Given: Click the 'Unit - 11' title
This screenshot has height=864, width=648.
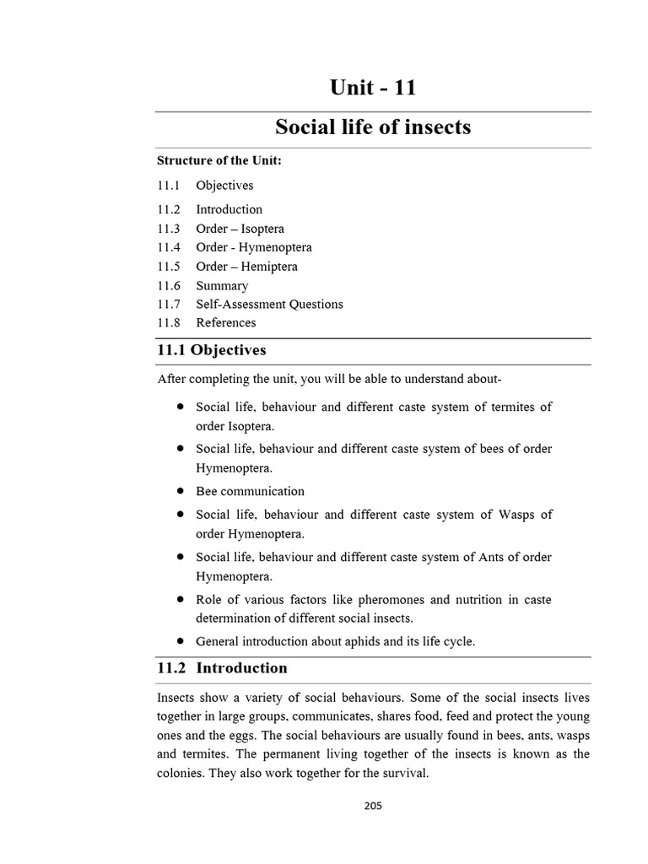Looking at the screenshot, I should coord(372,88).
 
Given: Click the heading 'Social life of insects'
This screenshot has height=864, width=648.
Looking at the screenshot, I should coord(372,127).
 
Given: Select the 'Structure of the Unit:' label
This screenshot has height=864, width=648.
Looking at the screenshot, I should coord(219,160).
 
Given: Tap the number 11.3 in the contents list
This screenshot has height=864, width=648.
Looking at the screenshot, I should coord(169,229).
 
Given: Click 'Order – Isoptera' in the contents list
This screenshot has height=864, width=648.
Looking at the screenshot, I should coord(240,229).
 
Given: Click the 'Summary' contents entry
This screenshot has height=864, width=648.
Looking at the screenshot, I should coord(221,285).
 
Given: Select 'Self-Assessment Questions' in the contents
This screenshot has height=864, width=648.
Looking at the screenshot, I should coord(269,304).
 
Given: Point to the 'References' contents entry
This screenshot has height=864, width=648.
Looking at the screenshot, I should coord(225,322).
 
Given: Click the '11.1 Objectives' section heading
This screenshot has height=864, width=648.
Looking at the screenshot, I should coord(211,349).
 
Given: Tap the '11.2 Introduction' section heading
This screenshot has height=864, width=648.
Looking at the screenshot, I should coord(222,667).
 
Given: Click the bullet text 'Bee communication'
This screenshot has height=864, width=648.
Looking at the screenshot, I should coord(250,491).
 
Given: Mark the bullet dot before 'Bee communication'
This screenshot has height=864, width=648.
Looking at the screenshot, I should coord(181,490).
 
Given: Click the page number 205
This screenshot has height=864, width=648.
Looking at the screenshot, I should coord(373,806).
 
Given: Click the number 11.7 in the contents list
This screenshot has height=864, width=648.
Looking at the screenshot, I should coord(169,304).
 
